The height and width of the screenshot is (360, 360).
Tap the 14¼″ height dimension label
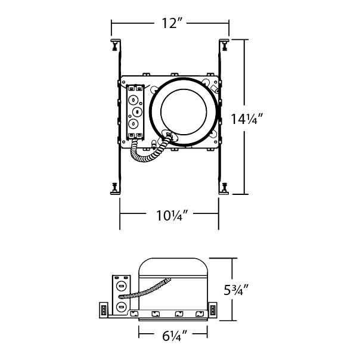(246, 119)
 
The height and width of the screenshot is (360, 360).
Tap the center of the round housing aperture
(184, 112)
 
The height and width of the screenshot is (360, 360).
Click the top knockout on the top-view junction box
(133, 100)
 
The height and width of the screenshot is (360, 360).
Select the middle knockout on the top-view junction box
(137, 112)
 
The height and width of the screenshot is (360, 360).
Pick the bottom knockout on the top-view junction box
(133, 124)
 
